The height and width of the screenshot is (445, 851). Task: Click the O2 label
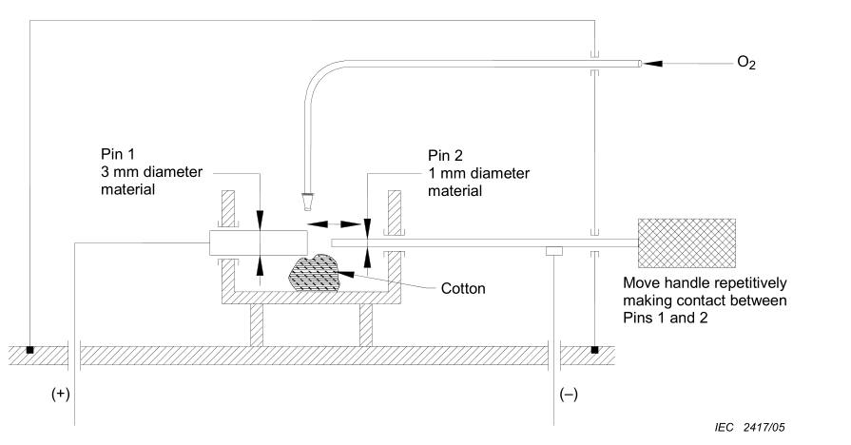point(746,63)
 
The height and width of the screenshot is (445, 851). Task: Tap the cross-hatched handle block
point(687,243)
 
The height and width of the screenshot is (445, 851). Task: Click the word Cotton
point(463,288)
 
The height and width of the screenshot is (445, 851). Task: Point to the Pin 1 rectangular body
point(259,242)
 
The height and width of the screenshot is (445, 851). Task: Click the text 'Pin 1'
point(117,154)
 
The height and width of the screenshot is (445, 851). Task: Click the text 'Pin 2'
point(445,156)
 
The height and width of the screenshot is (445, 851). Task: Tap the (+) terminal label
point(61,394)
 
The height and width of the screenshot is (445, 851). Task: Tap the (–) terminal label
point(569,394)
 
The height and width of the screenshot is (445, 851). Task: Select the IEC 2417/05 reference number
point(749,428)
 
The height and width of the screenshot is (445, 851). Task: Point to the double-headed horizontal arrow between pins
point(335,223)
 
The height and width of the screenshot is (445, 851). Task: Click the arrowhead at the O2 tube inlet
point(652,64)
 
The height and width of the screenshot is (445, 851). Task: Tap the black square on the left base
point(29,350)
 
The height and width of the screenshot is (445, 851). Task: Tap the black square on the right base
point(595,350)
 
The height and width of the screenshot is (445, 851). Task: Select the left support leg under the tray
point(257,325)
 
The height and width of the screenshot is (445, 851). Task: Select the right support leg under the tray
point(366,325)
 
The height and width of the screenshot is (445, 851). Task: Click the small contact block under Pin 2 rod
point(554,251)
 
